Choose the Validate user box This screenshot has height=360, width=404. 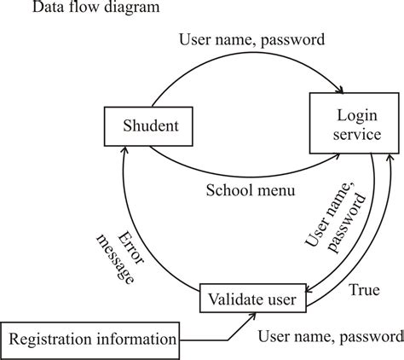(x=251, y=299)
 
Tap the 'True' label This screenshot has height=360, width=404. (x=364, y=291)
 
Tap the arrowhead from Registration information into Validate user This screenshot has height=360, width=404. (x=250, y=314)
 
